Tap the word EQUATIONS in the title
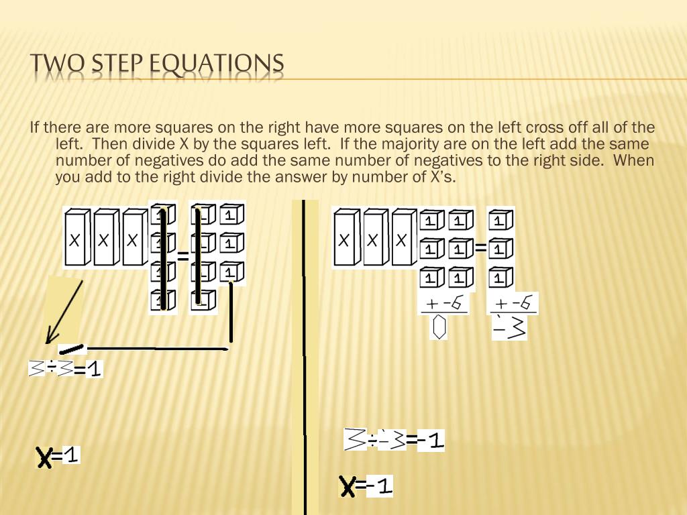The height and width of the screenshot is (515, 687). [x=217, y=64]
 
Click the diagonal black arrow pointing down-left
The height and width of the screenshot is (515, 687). [x=64, y=312]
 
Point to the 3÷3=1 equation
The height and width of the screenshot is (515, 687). [x=65, y=369]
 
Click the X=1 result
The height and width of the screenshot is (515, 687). [x=58, y=457]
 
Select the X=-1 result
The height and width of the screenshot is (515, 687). [x=366, y=486]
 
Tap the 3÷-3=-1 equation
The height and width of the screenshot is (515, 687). [x=394, y=440]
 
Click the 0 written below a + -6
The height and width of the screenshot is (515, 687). [x=439, y=329]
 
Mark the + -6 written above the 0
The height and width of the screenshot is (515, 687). [x=444, y=304]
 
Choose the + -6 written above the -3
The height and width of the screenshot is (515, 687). [x=514, y=304]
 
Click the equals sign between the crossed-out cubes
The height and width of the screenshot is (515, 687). [x=183, y=255]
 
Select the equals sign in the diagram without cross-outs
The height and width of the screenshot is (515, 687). [x=480, y=248]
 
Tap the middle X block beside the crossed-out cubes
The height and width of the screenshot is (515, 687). [x=105, y=238]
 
